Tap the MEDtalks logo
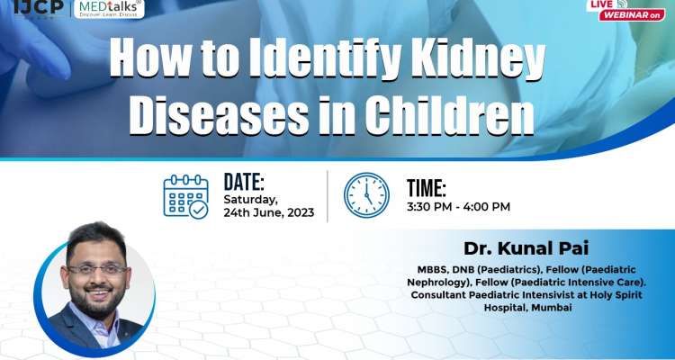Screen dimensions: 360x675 (x=109, y=9)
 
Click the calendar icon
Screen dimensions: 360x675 (x=185, y=196)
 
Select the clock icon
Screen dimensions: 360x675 (x=367, y=195)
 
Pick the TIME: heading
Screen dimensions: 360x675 (x=427, y=189)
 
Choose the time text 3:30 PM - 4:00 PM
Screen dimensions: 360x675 (x=458, y=207)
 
